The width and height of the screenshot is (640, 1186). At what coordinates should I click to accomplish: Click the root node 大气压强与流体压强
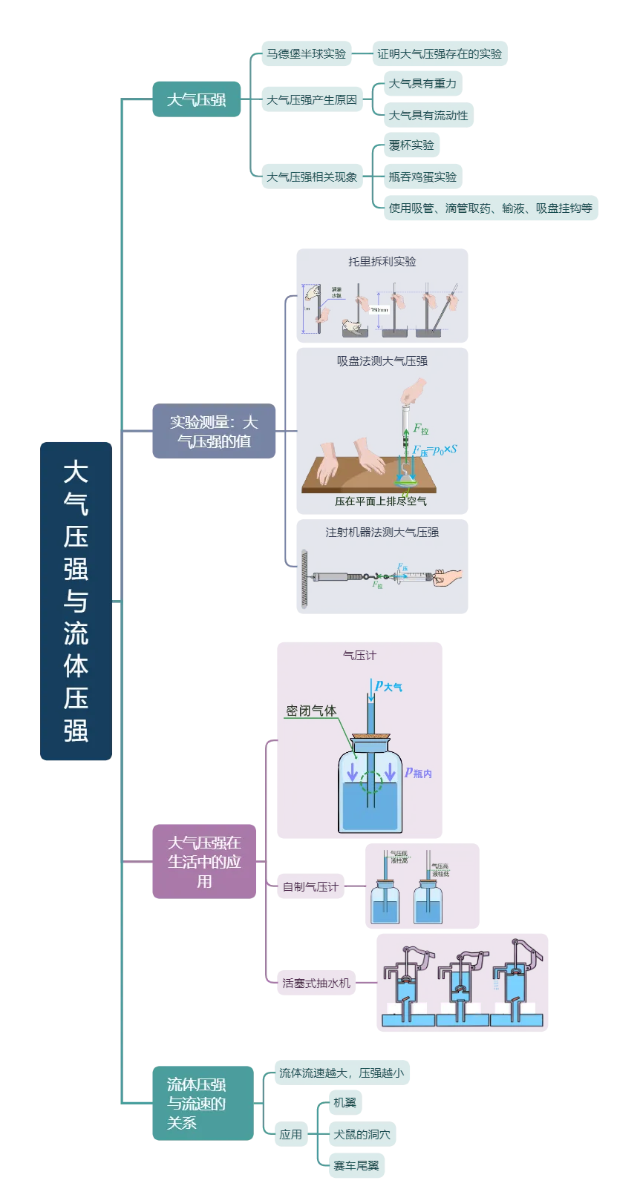(75, 601)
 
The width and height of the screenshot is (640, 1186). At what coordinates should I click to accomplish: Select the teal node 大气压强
(196, 99)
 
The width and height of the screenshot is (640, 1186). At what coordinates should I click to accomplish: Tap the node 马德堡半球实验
(306, 53)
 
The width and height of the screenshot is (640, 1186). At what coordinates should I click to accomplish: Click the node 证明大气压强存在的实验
(439, 53)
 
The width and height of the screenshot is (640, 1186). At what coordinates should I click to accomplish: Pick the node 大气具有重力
(422, 84)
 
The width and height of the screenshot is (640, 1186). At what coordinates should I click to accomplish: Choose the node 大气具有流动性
(428, 115)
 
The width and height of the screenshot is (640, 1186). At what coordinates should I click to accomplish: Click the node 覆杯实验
(411, 145)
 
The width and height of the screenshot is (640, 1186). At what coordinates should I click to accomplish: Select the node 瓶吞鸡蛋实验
(422, 177)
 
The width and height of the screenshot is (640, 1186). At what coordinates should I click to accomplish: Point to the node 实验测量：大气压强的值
(213, 432)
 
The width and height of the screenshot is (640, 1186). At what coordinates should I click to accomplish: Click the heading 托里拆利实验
(382, 262)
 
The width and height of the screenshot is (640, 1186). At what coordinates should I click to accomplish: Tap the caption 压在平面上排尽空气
(380, 501)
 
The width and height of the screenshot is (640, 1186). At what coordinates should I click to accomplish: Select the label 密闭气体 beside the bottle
(311, 711)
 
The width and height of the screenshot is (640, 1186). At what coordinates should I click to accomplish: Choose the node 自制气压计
(310, 886)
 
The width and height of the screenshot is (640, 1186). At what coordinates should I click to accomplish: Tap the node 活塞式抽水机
(316, 983)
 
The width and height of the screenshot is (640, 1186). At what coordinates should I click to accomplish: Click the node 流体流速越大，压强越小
(341, 1073)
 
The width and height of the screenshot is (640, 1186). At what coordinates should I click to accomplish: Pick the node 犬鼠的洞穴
(362, 1134)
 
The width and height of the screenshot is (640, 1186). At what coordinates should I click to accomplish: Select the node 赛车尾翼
(356, 1165)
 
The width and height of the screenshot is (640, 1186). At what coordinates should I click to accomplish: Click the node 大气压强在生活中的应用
(203, 862)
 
